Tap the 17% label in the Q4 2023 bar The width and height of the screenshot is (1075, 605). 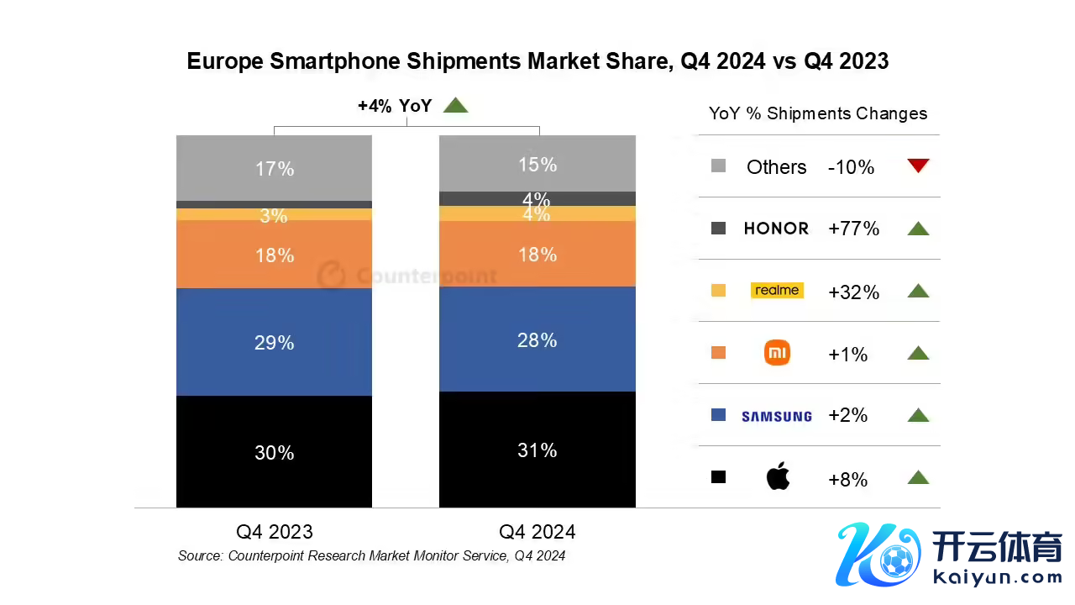(x=274, y=169)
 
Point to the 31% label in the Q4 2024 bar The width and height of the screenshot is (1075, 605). (x=537, y=450)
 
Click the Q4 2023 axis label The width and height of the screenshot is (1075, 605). (x=274, y=532)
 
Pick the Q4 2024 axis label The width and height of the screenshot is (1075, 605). (x=537, y=532)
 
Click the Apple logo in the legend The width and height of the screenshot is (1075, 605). (x=778, y=477)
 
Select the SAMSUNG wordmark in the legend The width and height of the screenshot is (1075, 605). (x=777, y=416)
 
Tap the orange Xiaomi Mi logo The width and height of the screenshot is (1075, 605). (x=778, y=353)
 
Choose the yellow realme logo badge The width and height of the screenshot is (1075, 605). (x=777, y=291)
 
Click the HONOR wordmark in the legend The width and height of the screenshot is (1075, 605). (x=777, y=229)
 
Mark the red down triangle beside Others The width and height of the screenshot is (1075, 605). (x=918, y=166)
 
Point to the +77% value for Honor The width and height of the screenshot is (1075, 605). (x=853, y=229)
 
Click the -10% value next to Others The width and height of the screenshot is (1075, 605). (x=851, y=167)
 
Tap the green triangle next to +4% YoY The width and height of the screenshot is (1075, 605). (x=455, y=106)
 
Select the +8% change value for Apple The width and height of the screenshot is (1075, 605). (x=847, y=480)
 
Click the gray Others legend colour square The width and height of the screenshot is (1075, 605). (x=718, y=166)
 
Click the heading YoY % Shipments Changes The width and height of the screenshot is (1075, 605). (x=818, y=113)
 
